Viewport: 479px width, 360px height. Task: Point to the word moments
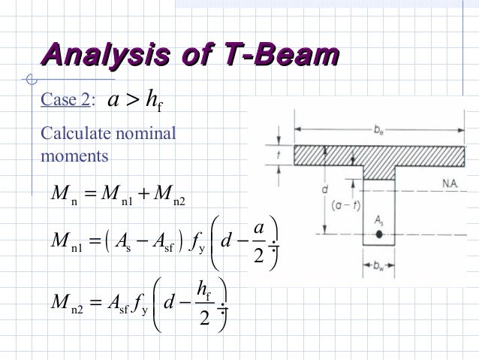click(74, 156)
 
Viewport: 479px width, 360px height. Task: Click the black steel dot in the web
click(381, 234)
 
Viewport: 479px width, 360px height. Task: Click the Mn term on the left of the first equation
click(62, 198)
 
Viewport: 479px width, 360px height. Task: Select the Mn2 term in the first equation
click(167, 198)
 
